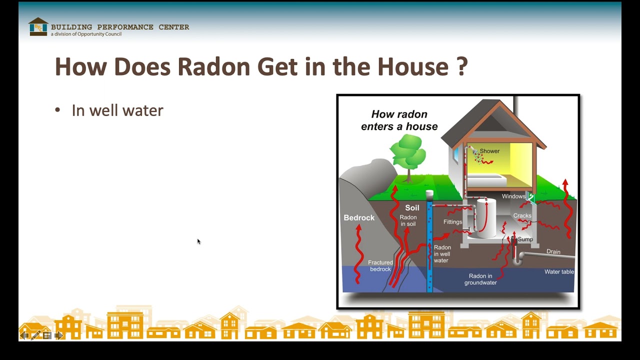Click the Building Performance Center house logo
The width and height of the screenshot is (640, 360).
pos(38,27)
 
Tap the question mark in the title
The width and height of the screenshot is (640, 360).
pos(462,66)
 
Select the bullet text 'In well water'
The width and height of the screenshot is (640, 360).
pos(117,110)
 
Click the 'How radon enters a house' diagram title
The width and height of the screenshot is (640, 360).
pos(399,120)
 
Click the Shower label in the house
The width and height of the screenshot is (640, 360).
pos(489,151)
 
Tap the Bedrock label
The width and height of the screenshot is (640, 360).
pos(359,218)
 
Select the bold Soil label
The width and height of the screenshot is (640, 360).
pos(412,208)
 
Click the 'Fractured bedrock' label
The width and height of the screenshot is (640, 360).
pos(380,265)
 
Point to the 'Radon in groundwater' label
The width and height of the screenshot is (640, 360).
pos(480,279)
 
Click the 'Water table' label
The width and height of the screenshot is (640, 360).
pos(559,272)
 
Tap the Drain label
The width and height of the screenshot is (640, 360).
pos(553,251)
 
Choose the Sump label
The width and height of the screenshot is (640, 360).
pos(525,239)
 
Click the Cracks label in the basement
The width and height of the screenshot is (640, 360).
pos(522,216)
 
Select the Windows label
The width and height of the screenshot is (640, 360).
pos(513,196)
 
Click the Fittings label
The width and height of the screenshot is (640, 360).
pos(452,222)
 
